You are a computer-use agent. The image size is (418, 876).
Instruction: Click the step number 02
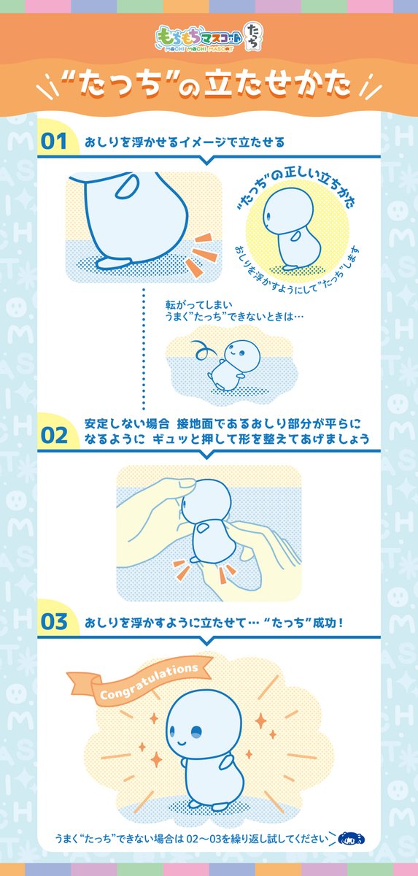54,435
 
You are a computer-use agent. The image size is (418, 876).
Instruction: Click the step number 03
54,622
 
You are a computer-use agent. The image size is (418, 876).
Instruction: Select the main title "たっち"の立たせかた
209,85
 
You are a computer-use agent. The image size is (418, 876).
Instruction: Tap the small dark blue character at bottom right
352,837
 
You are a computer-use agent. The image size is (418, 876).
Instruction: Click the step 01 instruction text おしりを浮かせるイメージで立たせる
184,141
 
